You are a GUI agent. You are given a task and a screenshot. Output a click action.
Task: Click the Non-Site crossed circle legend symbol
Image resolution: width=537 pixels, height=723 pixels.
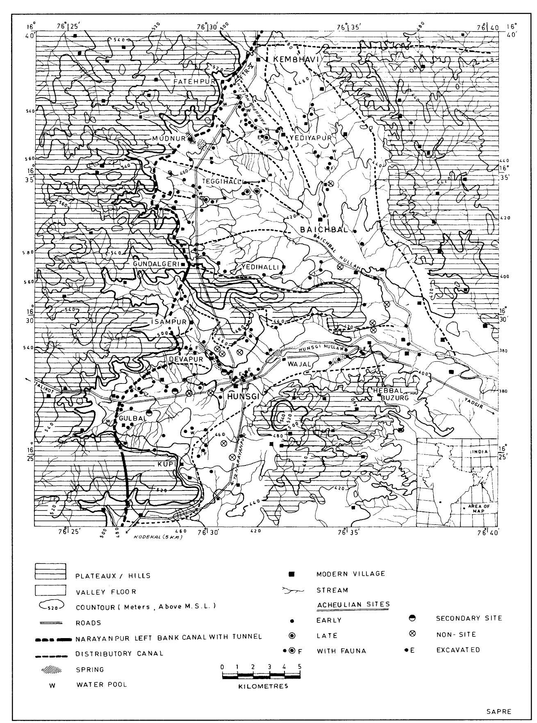pos(413,634)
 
